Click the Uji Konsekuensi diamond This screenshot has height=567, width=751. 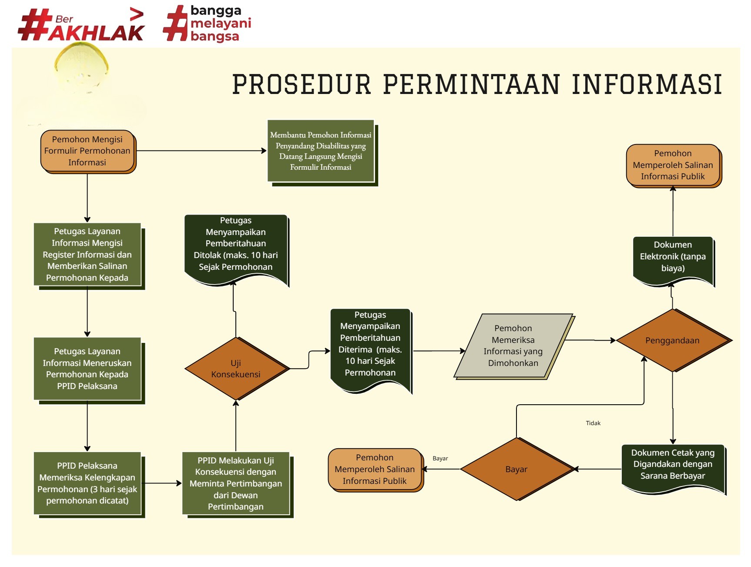point(236,369)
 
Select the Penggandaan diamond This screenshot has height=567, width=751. point(673,340)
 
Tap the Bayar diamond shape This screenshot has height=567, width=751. point(516,469)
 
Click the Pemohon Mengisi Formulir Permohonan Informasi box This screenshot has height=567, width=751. point(87,151)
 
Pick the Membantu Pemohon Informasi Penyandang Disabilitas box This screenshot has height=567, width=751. point(321,151)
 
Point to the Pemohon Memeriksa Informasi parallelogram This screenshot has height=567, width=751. point(513,346)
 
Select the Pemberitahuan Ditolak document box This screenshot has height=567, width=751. point(236,248)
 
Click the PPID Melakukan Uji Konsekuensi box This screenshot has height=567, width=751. point(236,483)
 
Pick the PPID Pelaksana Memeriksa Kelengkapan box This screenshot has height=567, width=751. point(87,483)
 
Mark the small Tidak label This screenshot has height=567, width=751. point(593,423)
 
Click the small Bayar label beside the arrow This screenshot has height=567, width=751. point(440,458)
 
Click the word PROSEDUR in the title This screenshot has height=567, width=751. point(302,84)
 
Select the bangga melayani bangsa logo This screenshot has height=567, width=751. point(208,23)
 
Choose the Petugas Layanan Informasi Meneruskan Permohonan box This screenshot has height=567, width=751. point(87,369)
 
